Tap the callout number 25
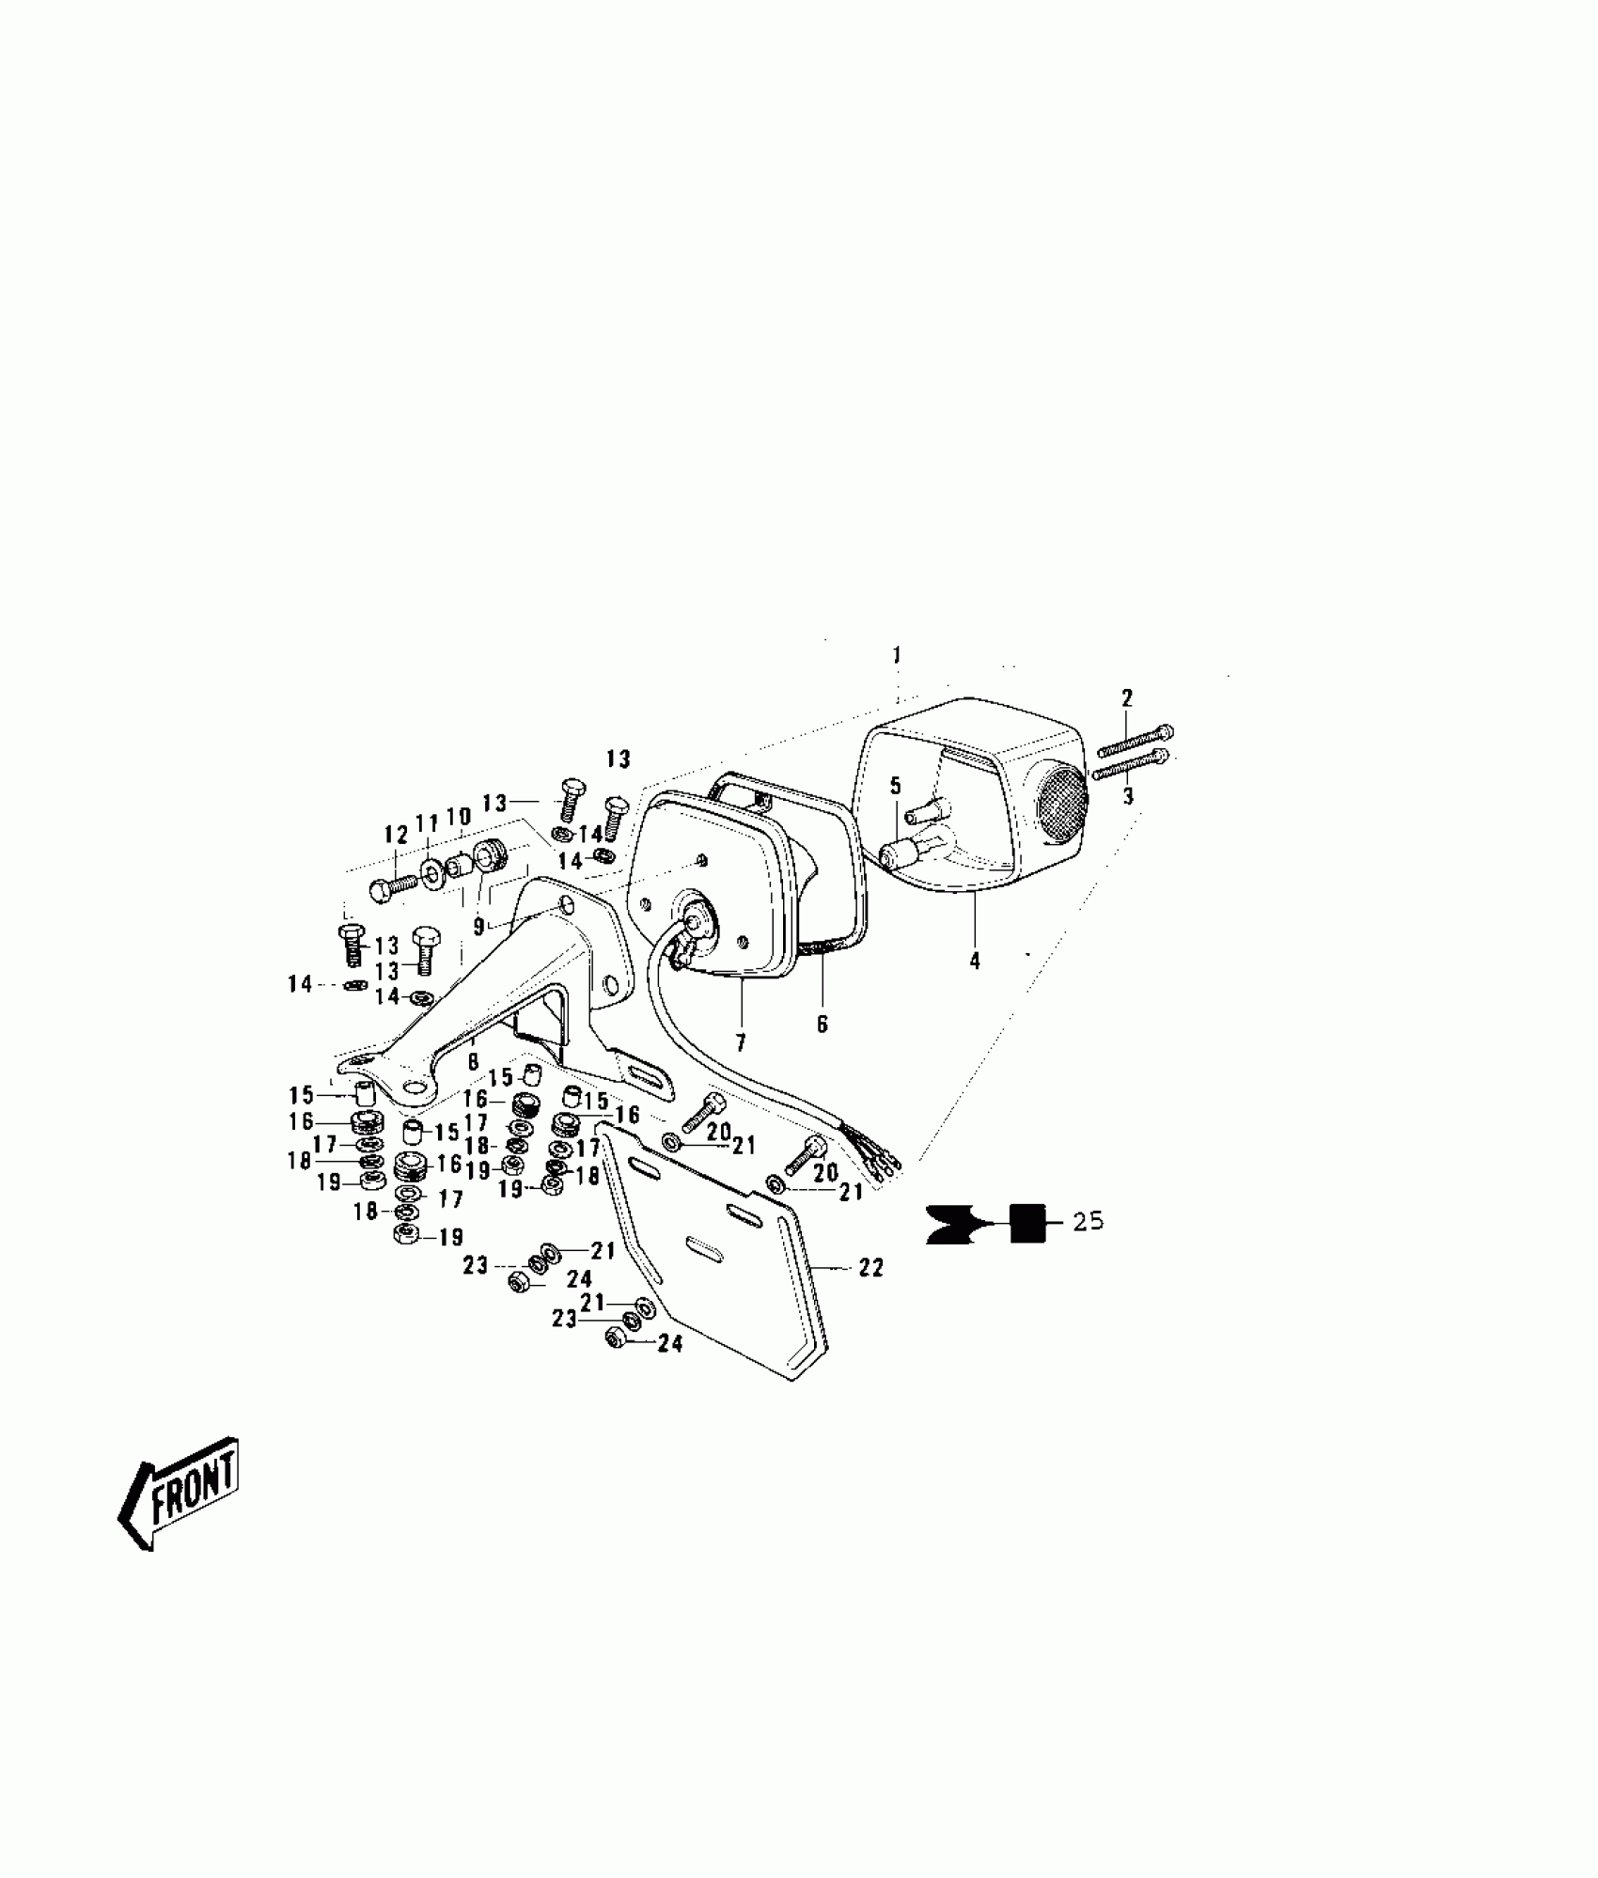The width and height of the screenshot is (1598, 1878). pyautogui.click(x=1089, y=1222)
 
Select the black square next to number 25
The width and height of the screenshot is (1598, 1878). pyautogui.click(x=1027, y=1223)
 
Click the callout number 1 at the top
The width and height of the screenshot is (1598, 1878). pyautogui.click(x=897, y=654)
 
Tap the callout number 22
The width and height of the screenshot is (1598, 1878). pyautogui.click(x=871, y=1268)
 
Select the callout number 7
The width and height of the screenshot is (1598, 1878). pyautogui.click(x=741, y=1042)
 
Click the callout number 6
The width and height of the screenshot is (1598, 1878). pyautogui.click(x=822, y=1024)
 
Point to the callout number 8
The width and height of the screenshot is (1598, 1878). pyautogui.click(x=473, y=1061)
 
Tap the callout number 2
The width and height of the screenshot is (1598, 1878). pyautogui.click(x=1127, y=697)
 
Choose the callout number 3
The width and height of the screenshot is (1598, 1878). pyautogui.click(x=1128, y=797)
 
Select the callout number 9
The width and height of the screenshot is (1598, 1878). pyautogui.click(x=478, y=927)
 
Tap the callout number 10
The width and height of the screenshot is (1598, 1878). pyautogui.click(x=458, y=817)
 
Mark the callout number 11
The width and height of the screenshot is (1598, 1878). pyautogui.click(x=428, y=823)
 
